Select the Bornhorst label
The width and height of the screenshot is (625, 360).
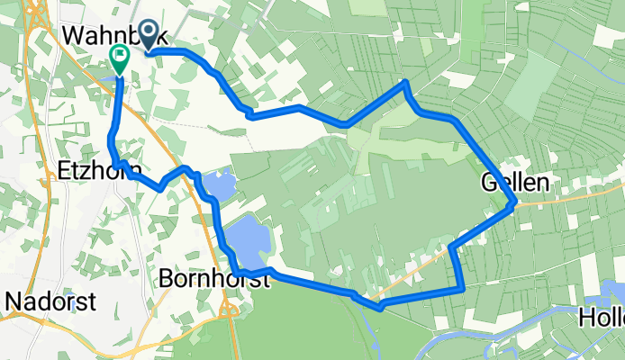214,279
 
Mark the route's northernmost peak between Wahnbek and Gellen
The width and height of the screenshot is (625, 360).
407,83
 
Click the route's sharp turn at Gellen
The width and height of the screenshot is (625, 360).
513,204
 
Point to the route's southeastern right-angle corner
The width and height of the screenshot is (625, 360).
461,289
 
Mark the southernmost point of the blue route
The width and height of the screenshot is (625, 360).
381,308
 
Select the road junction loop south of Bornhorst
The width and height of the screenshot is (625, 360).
229,310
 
